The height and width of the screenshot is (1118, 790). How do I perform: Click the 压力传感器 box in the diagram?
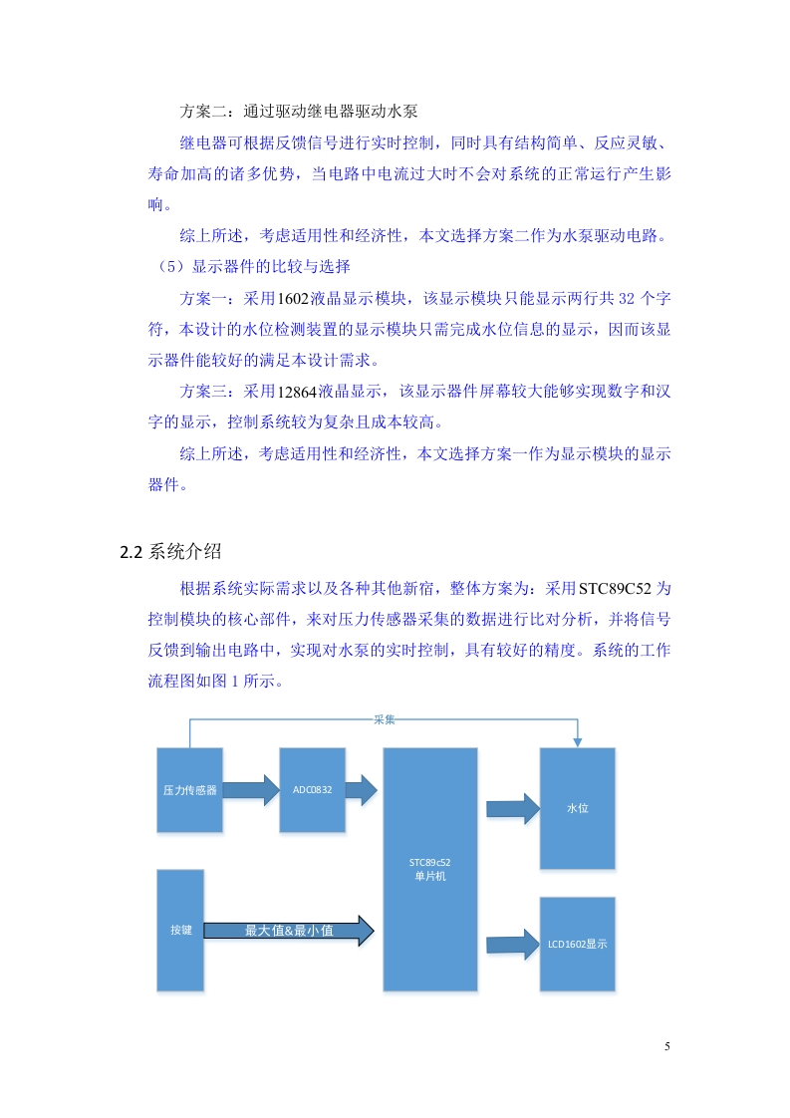click(189, 790)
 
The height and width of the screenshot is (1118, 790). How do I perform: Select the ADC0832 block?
click(312, 790)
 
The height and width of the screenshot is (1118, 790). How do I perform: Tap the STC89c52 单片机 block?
click(430, 869)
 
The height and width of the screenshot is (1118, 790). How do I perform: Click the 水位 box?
click(578, 808)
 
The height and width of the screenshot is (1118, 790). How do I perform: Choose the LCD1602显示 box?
click(578, 944)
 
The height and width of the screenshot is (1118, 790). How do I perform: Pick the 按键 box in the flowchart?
click(180, 930)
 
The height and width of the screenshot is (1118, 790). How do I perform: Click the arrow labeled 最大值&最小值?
click(289, 931)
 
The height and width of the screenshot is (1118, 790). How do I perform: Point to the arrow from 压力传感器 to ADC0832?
click(251, 790)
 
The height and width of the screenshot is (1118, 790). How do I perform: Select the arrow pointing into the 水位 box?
click(513, 808)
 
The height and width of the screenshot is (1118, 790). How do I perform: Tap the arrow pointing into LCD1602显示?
click(513, 945)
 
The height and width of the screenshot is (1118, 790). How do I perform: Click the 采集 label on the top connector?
click(385, 719)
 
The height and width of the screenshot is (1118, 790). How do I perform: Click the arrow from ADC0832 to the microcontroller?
click(362, 790)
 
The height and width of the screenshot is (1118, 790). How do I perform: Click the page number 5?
click(667, 1046)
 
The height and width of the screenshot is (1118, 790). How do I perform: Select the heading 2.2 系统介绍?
click(170, 551)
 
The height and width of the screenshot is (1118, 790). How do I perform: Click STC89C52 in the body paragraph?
click(615, 588)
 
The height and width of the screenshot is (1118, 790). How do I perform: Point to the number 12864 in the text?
click(297, 392)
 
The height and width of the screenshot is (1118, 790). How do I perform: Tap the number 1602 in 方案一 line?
click(292, 298)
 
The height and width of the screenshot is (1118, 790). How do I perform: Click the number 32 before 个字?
click(626, 298)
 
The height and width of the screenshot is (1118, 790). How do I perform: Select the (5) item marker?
click(170, 267)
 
